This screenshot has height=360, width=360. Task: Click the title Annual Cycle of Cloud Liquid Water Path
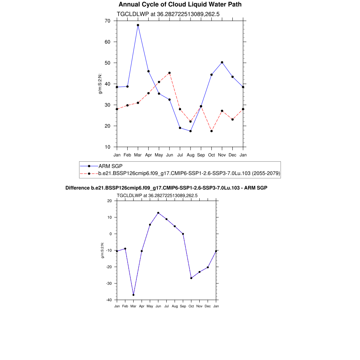pyautogui.click(x=180, y=5)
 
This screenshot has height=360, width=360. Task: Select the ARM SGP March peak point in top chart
pyautogui.click(x=138, y=25)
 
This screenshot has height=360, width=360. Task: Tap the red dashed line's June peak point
pyautogui.click(x=169, y=73)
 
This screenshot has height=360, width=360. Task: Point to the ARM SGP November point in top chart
pyautogui.click(x=222, y=62)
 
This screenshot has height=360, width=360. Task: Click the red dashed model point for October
pyautogui.click(x=211, y=131)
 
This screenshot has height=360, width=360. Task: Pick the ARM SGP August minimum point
pyautogui.click(x=191, y=131)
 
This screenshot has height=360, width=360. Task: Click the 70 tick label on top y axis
pyautogui.click(x=107, y=21)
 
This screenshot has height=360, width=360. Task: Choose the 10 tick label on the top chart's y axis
pyautogui.click(x=107, y=147)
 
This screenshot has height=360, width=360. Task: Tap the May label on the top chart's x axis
pyautogui.click(x=159, y=155)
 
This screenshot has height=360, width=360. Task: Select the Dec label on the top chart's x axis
pyautogui.click(x=232, y=155)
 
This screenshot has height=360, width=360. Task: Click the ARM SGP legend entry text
pyautogui.click(x=110, y=166)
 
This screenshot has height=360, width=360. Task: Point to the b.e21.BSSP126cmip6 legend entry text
pyautogui.click(x=189, y=173)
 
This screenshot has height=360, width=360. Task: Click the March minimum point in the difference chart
pyautogui.click(x=133, y=295)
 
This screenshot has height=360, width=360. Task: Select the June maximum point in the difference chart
pyautogui.click(x=158, y=213)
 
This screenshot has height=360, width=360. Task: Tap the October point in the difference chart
pyautogui.click(x=191, y=278)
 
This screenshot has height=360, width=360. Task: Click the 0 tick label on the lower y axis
pyautogui.click(x=110, y=234)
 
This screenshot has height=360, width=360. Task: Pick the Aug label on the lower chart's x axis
pyautogui.click(x=175, y=306)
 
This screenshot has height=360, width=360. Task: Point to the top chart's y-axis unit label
pyautogui.click(x=100, y=84)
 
